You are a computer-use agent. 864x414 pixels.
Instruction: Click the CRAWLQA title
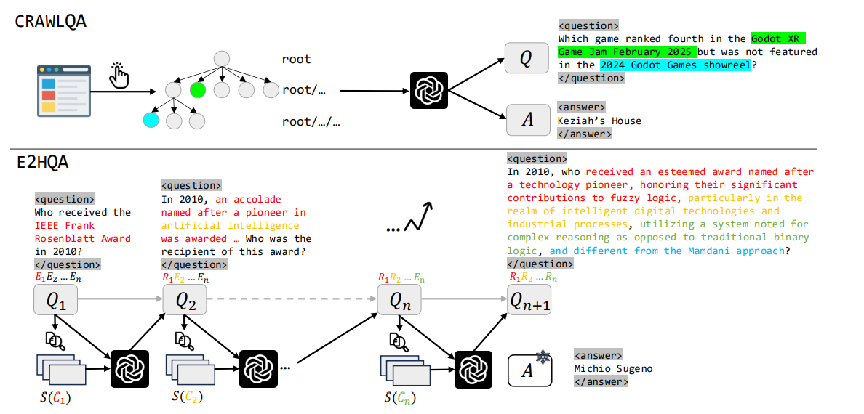[50, 21]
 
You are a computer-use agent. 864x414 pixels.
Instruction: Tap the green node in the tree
[197, 91]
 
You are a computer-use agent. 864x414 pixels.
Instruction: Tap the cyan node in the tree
[151, 120]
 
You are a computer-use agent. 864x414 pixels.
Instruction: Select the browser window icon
[57, 90]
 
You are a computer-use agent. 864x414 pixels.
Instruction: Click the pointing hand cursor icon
[119, 74]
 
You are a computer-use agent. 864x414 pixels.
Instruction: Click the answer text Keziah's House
[599, 121]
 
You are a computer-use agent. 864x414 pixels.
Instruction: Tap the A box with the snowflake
[529, 370]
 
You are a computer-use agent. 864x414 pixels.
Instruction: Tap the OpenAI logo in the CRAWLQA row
[428, 91]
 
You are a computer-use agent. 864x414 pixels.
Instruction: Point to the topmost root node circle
[221, 59]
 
